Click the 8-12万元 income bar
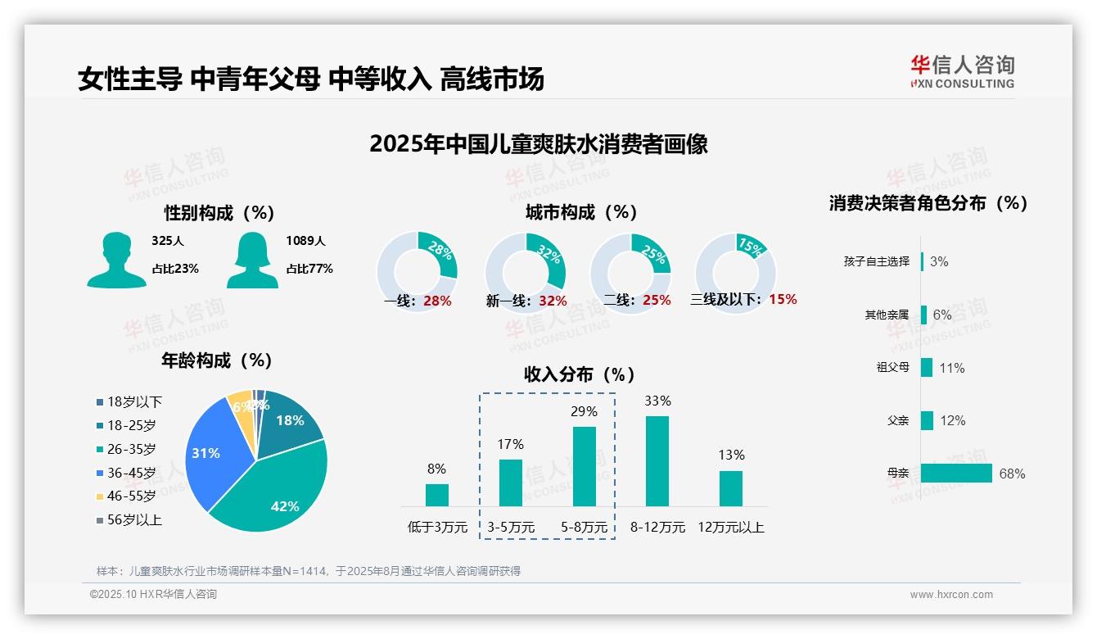point(657,461)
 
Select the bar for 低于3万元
point(436,495)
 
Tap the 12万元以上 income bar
point(730,488)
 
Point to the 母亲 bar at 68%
point(956,474)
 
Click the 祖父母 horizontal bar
point(927,367)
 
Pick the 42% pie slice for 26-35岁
point(278,483)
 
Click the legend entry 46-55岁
point(130,496)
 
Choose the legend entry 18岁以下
point(133,401)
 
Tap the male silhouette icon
point(116,261)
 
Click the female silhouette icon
point(252,261)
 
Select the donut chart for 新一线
point(526,272)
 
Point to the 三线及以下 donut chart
point(735,272)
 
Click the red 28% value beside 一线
point(437,301)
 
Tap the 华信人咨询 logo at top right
point(962,72)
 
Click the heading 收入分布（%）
point(580,374)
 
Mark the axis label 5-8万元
point(584,528)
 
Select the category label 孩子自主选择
point(876,261)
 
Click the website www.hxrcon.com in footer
point(951,595)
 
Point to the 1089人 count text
point(305,241)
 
